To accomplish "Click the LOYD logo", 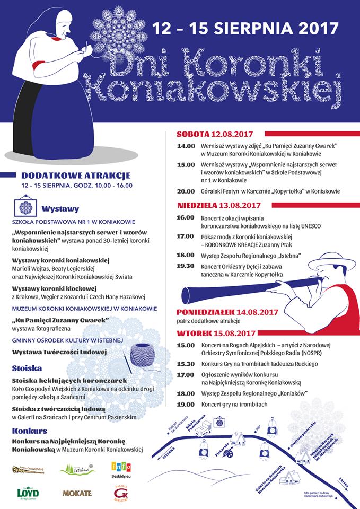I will (28, 492).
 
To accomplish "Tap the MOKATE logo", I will (77, 493).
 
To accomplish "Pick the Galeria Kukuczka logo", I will (121, 493).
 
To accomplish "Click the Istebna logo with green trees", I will (77, 469).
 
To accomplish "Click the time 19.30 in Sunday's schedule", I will (186, 266).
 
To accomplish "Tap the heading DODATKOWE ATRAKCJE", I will (76, 175).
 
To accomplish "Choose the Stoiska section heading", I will (27, 368).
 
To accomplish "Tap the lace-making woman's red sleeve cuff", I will (39, 66).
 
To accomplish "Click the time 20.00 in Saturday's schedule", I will (186, 191).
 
